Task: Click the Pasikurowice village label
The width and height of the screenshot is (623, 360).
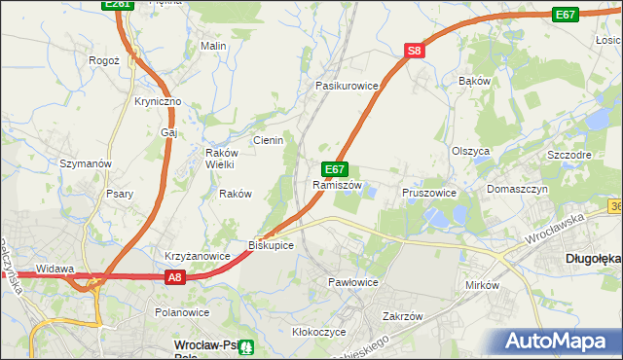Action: [346, 86]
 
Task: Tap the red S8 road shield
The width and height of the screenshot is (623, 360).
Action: [415, 51]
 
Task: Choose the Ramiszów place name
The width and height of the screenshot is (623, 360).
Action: [337, 185]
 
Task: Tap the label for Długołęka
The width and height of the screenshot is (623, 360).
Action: [593, 259]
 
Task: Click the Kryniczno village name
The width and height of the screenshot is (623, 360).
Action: [158, 102]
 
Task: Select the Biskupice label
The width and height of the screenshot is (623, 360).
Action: [271, 245]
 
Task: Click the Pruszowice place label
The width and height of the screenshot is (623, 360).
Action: [429, 193]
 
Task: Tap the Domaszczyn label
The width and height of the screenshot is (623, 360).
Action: [518, 189]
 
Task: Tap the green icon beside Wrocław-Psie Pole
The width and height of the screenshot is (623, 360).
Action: [247, 346]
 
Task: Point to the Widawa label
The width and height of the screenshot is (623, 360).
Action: [55, 269]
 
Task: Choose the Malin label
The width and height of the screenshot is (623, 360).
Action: [213, 46]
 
